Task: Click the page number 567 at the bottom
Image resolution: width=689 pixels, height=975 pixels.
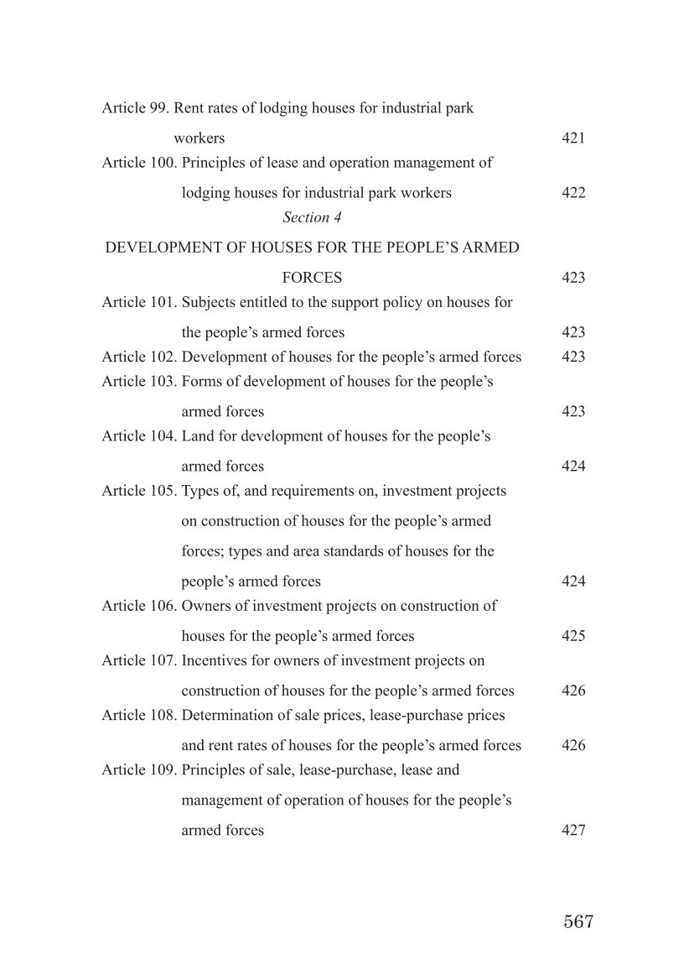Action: pyautogui.click(x=578, y=921)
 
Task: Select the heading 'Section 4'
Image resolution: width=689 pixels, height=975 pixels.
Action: pyautogui.click(x=312, y=217)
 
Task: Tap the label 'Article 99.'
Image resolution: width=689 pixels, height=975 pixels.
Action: pyautogui.click(x=136, y=108)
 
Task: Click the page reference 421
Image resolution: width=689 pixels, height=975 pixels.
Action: pyautogui.click(x=573, y=138)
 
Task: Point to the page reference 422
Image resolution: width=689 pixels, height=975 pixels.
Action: pyautogui.click(x=573, y=193)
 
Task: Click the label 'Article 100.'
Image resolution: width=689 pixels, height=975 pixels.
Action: pyautogui.click(x=139, y=163)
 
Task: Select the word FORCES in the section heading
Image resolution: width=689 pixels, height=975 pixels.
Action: pyautogui.click(x=312, y=278)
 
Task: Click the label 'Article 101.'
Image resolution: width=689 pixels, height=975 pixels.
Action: pyautogui.click(x=139, y=302)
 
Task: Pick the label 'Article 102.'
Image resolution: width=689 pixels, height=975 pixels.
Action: pyautogui.click(x=139, y=357)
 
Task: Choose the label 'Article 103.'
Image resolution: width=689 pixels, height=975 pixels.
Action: pyautogui.click(x=139, y=382)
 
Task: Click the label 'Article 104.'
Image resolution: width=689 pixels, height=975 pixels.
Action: pyautogui.click(x=139, y=436)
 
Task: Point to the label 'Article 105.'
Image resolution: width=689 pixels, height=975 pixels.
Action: pyautogui.click(x=139, y=491)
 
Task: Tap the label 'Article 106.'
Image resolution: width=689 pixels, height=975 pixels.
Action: pyautogui.click(x=139, y=606)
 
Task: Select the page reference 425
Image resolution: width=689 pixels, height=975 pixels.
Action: pyautogui.click(x=573, y=636)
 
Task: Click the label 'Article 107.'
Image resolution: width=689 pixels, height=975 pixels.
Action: pyautogui.click(x=139, y=660)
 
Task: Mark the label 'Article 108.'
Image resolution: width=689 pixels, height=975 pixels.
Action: pyautogui.click(x=139, y=715)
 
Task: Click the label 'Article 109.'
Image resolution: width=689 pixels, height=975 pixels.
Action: pyautogui.click(x=139, y=769)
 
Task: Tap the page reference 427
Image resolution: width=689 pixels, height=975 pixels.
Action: pyautogui.click(x=573, y=831)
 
